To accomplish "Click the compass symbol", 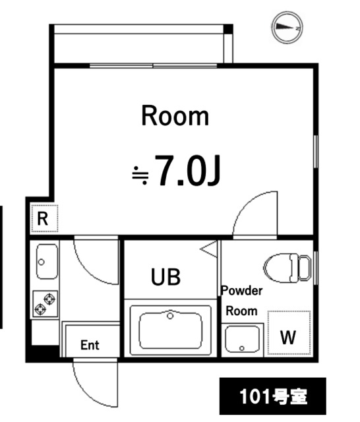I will click(286, 27).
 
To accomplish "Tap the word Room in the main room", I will click(175, 116).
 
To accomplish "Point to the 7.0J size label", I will click(186, 171).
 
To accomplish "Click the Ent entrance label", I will click(90, 345).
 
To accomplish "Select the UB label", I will click(165, 277).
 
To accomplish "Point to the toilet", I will click(287, 267).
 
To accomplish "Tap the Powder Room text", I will click(241, 301).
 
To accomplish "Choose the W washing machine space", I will click(288, 336).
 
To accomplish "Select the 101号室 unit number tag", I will click(272, 397).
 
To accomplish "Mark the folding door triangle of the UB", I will click(210, 249).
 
